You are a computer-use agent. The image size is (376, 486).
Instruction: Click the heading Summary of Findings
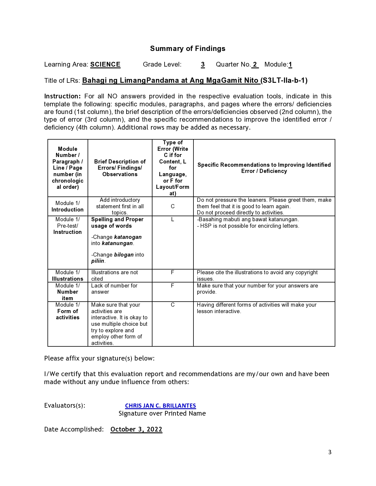188,49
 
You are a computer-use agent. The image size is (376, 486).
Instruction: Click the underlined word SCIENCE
105,65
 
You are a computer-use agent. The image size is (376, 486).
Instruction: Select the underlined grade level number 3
203,65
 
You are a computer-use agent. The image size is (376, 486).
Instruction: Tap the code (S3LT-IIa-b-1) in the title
284,80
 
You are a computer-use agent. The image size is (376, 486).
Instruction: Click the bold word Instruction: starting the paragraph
62,96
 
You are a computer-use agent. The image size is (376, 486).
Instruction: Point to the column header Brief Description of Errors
120,168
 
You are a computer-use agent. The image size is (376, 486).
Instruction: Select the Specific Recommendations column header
264,168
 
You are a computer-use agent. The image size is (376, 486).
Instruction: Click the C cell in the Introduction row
173,206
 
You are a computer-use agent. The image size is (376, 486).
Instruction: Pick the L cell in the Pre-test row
173,219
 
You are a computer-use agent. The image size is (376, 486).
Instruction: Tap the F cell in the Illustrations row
173,272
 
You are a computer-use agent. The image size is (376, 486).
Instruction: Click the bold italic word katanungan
117,243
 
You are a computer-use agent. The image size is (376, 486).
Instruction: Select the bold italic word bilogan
124,255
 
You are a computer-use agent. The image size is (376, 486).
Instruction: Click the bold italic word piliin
98,261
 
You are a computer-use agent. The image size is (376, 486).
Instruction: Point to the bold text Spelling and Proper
117,219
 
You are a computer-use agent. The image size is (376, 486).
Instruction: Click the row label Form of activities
68,314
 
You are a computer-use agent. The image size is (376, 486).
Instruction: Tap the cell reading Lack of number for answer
114,289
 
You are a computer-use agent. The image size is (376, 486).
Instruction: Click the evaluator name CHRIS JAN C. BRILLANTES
160,406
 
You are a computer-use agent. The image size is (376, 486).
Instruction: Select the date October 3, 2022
136,429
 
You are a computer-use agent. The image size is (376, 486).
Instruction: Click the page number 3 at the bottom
330,452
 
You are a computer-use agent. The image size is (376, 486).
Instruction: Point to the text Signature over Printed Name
162,414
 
